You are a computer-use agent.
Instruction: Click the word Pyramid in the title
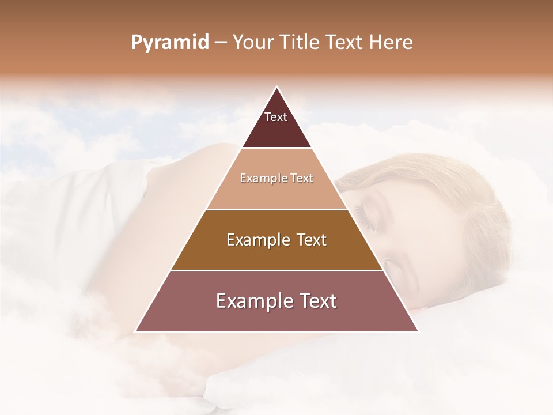169,43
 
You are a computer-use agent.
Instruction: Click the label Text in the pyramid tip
276,117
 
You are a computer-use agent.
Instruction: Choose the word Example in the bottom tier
251,301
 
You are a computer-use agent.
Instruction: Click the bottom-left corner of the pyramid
135,331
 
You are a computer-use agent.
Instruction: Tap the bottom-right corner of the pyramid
418,331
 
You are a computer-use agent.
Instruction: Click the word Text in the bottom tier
314,301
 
